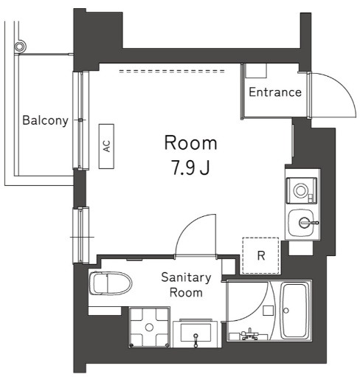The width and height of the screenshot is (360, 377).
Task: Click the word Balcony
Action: [45, 120]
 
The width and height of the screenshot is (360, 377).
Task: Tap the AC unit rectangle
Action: [106, 146]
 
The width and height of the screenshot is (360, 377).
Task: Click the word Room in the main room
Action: [190, 142]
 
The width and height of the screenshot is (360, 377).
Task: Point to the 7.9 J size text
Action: [190, 167]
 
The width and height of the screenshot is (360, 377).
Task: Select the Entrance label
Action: [274, 92]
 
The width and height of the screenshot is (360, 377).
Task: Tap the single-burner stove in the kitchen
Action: [301, 191]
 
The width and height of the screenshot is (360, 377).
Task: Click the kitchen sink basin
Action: [302, 221]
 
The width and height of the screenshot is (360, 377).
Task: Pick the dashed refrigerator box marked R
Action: [260, 256]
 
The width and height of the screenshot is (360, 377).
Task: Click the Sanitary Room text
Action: [187, 284]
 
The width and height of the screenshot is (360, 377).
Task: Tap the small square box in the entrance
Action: [255, 72]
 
